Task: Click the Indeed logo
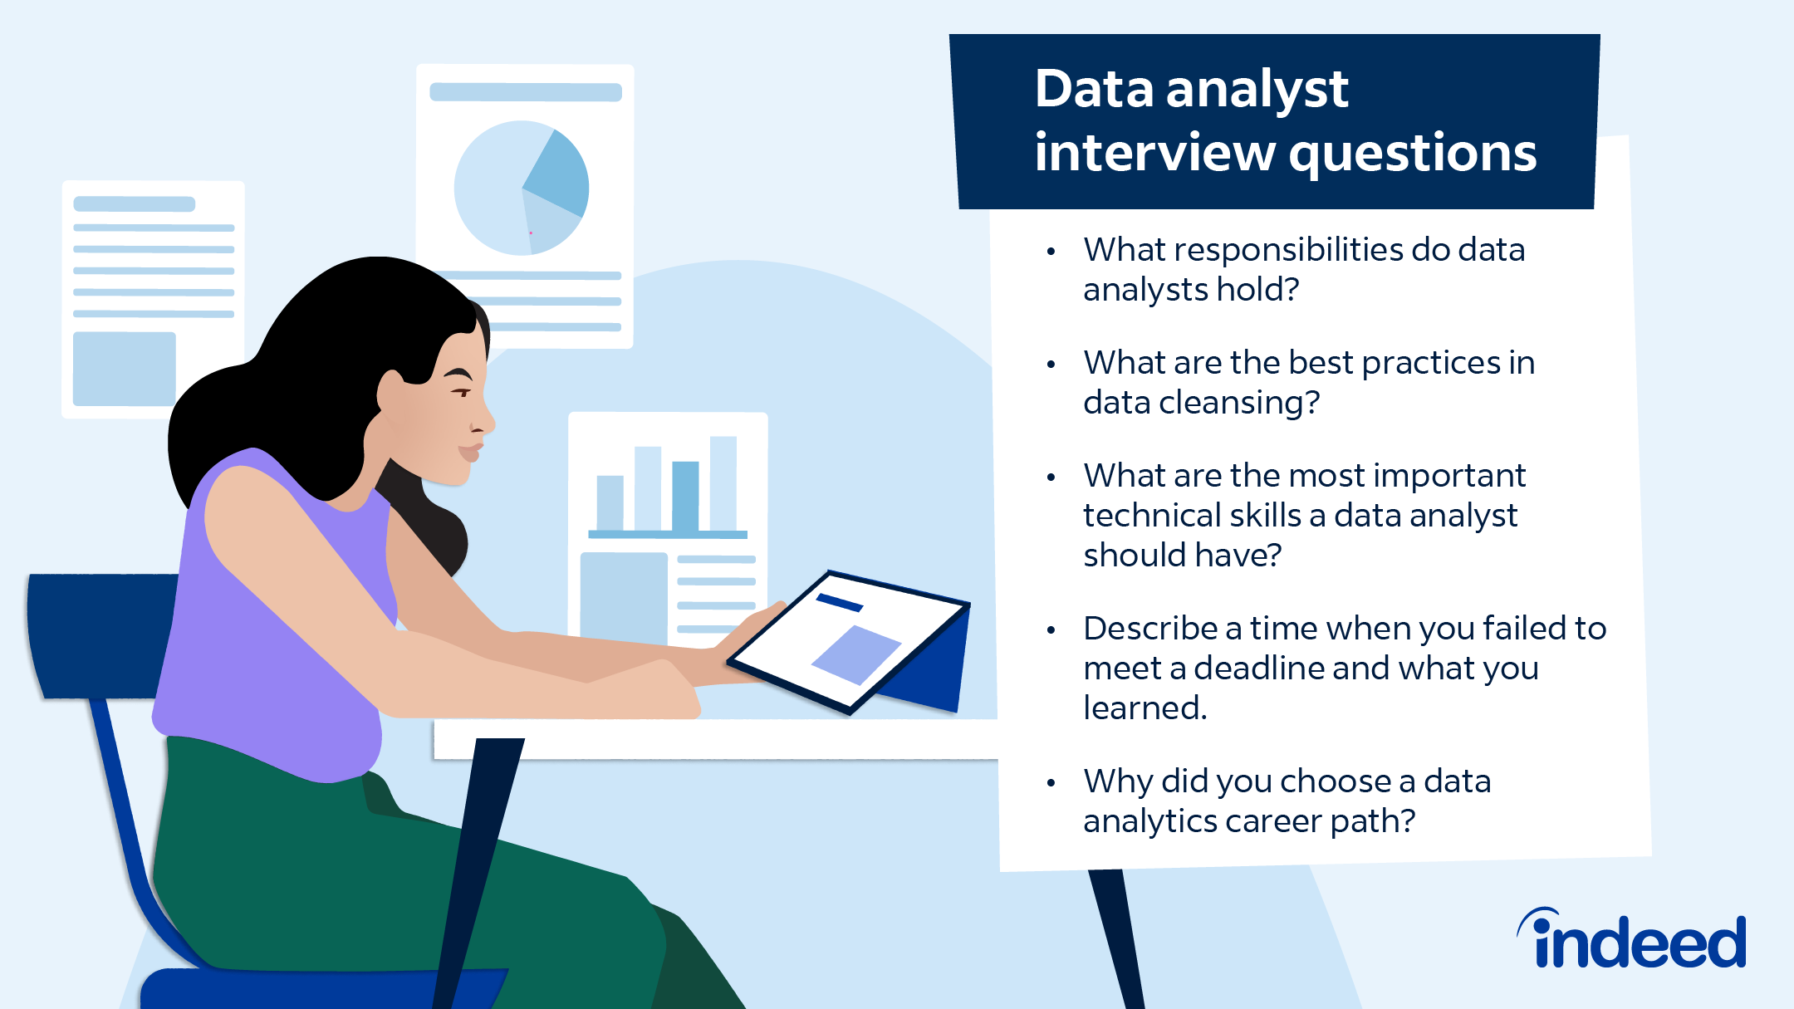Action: [x=1633, y=940]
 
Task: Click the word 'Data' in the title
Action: [x=1094, y=89]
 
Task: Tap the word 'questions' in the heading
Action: [x=1412, y=154]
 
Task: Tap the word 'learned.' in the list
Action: [x=1145, y=708]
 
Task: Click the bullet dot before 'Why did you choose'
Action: [x=1051, y=782]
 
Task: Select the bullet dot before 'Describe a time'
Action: [x=1051, y=630]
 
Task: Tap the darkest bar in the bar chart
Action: [x=685, y=496]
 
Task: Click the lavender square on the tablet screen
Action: [x=855, y=654]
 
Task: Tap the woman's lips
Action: [x=471, y=452]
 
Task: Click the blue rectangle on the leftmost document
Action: [x=125, y=369]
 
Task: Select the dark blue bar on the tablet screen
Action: [x=840, y=603]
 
